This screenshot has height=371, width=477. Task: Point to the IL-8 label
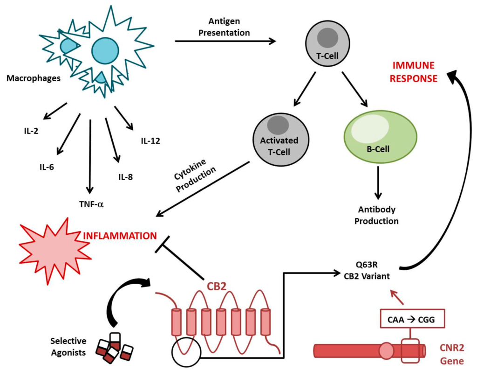(126, 177)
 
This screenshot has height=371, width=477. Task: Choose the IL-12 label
(150, 140)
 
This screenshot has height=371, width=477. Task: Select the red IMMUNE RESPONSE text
(414, 71)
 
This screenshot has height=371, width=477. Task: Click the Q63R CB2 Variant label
(368, 270)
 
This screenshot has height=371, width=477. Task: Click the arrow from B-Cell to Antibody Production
(378, 182)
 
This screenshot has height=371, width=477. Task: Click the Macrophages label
(34, 78)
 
